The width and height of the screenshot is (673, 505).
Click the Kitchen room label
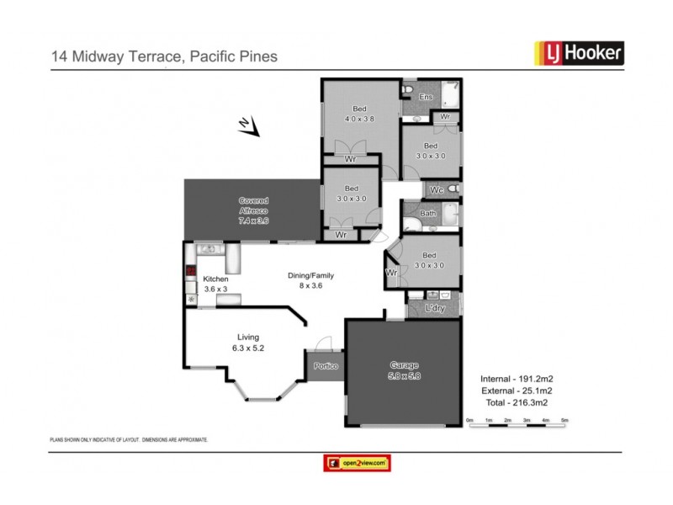(215, 284)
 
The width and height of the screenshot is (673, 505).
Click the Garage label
(404, 370)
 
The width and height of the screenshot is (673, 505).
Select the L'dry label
(435, 309)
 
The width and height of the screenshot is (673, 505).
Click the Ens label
(426, 98)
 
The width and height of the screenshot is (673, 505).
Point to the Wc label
(437, 189)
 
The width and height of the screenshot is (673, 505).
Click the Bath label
(427, 214)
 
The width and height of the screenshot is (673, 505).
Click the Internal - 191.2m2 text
(516, 378)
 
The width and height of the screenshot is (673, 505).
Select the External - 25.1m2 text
(516, 391)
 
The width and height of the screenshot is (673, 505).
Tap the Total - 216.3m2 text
(516, 403)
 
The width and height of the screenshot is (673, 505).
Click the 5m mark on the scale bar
(564, 419)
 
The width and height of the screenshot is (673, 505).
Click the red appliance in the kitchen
(191, 272)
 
